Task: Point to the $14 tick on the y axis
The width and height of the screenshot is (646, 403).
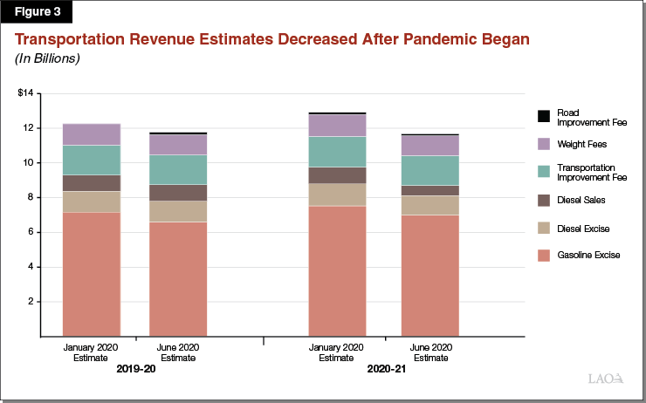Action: tap(24, 93)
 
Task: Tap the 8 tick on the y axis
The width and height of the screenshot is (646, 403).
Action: tap(29, 197)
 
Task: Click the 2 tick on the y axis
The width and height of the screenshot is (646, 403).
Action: tap(29, 302)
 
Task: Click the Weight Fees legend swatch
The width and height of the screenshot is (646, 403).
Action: tap(544, 144)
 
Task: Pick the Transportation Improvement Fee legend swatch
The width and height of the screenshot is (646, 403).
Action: tap(544, 172)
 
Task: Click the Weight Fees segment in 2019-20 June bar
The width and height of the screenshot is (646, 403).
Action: tap(177, 144)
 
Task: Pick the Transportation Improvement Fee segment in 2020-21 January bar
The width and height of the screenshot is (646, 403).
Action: tap(337, 151)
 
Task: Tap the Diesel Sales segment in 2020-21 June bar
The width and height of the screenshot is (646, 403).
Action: tap(430, 190)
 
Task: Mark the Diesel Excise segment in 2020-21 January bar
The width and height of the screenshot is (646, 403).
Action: tap(337, 195)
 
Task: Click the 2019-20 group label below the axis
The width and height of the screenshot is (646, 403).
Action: tap(135, 369)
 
